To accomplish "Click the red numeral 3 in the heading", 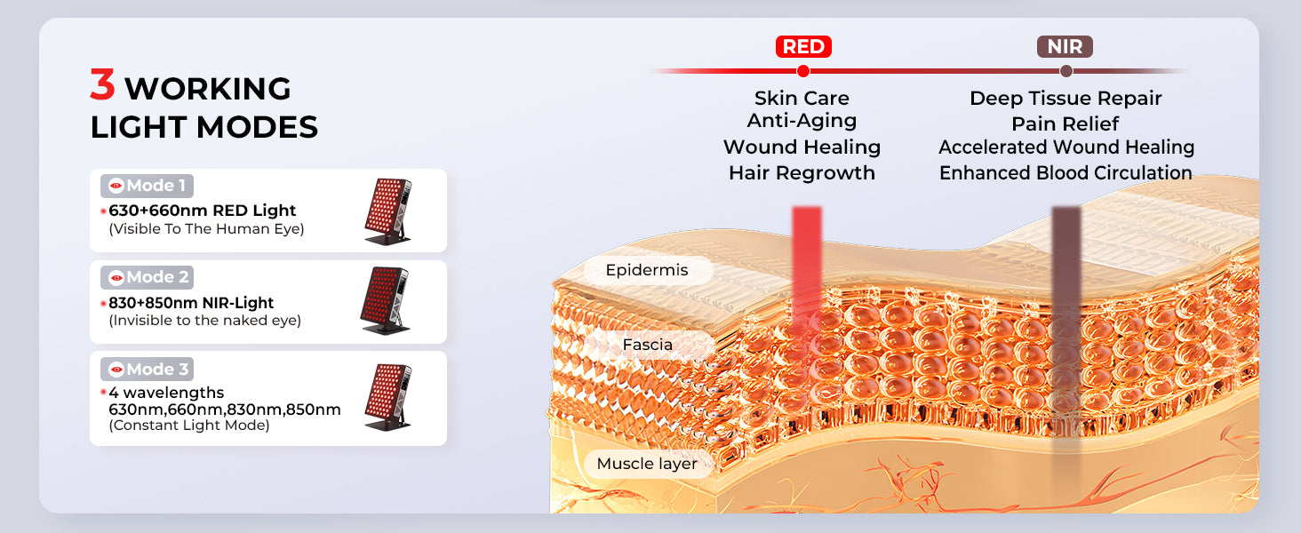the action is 102,84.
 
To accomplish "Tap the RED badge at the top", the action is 803,46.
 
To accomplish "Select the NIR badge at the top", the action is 1065,46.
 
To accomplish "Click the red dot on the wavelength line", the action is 803,71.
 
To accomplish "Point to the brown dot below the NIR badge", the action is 1066,71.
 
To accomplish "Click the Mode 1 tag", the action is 147,186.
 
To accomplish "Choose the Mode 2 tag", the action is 147,277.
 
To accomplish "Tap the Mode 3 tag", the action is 147,370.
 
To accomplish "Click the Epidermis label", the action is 647,270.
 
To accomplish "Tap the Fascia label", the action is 648,345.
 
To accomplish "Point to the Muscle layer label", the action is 647,464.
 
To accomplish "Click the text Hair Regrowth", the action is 802,173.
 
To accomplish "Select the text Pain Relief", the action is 1066,123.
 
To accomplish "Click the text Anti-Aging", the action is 802,121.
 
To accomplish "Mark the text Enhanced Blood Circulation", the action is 1066,173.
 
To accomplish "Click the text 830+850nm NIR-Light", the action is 191,303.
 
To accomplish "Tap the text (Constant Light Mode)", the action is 189,426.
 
